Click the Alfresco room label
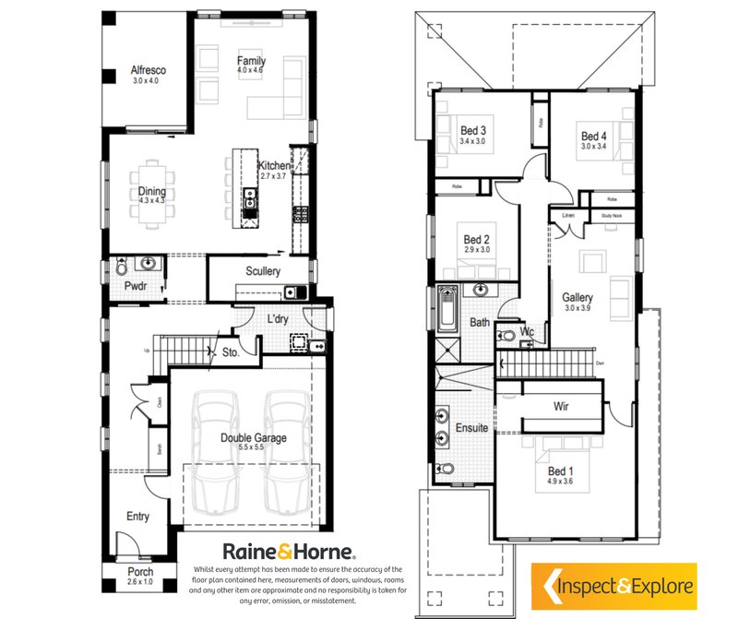pos(147,69)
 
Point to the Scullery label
pos(262,271)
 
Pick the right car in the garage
pos(286,452)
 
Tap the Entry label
pos(137,517)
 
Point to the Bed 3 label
pos(473,130)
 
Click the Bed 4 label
pos(594,136)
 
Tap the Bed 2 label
pos(476,240)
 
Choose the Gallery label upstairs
pos(578,297)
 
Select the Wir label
pos(561,406)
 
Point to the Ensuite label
pos(471,429)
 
